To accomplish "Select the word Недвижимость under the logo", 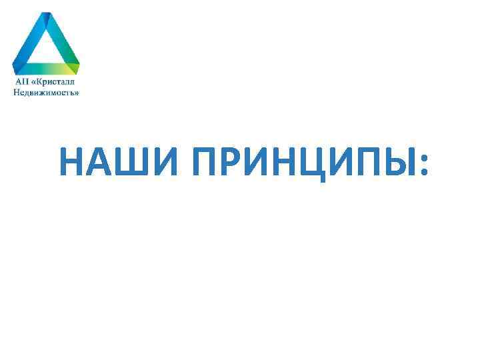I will point(46,93).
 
